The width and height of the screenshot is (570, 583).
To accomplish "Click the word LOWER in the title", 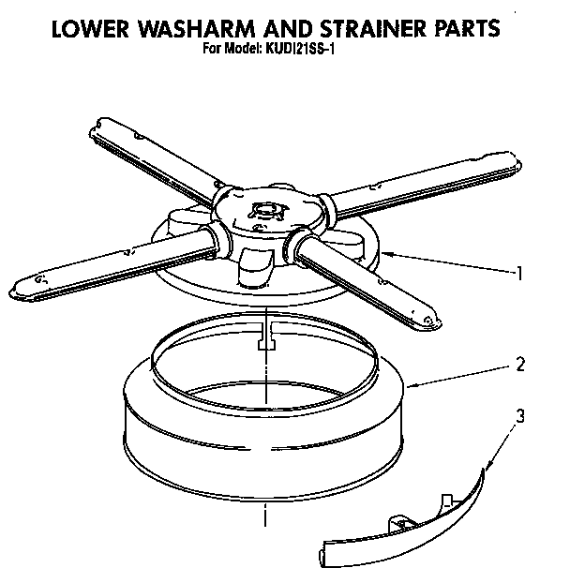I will tap(86, 27).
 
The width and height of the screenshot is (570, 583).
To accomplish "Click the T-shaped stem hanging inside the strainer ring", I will tap(265, 343).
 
